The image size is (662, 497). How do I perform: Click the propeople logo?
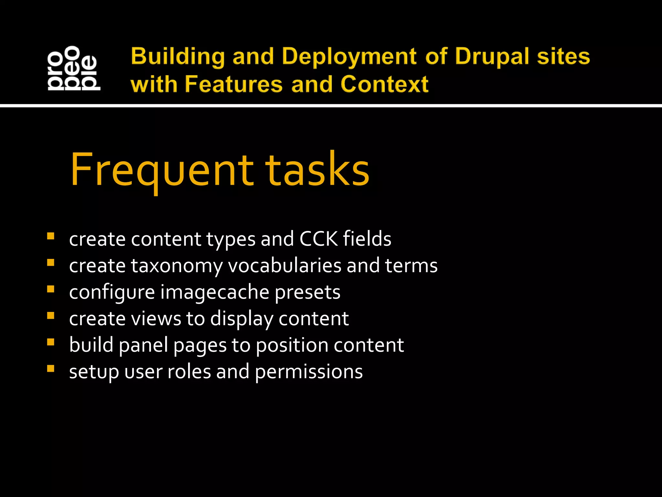[x=74, y=68]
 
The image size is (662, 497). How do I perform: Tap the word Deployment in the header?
[x=349, y=57]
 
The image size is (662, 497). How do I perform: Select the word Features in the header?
[x=234, y=84]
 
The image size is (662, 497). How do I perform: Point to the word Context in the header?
[x=384, y=84]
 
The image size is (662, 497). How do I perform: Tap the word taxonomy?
[x=177, y=266]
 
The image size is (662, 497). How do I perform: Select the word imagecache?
[x=215, y=292]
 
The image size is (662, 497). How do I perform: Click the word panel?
[x=144, y=345]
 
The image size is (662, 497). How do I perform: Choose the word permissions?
[x=309, y=372]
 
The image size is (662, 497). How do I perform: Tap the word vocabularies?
[x=284, y=266]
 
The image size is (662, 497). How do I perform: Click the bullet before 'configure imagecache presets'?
[x=50, y=289]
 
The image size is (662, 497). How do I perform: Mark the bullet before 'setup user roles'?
[x=50, y=369]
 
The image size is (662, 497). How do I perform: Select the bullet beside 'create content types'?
[x=50, y=236]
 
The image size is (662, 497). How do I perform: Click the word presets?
[x=307, y=293]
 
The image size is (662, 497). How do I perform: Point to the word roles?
[x=189, y=371]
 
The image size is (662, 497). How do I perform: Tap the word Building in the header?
[x=178, y=57]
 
